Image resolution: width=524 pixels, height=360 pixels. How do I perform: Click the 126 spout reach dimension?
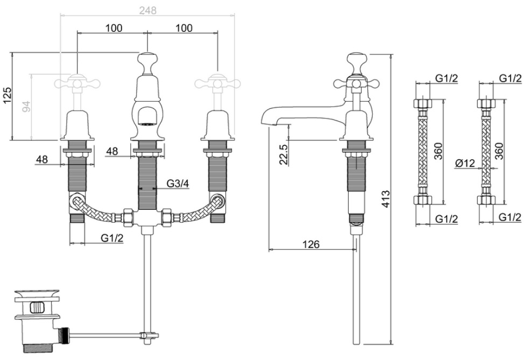(311, 244)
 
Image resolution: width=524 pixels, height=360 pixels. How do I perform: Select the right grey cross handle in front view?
(217, 82)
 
